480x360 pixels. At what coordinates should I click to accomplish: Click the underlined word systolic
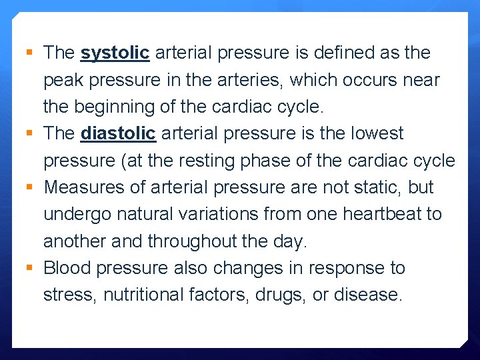[x=115, y=53]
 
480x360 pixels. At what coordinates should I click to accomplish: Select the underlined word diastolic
[x=118, y=134]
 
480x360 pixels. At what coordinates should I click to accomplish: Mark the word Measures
[x=84, y=187]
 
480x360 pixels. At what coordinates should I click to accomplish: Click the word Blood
[x=67, y=268]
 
